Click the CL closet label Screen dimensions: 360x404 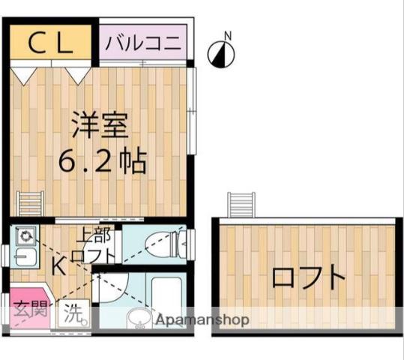tap(51, 43)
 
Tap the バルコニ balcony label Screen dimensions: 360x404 tap(142, 43)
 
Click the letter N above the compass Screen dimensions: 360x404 tap(228, 34)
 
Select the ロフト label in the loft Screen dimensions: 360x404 tap(307, 279)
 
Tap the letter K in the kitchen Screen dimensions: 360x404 tap(58, 265)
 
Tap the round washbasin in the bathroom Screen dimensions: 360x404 tap(139, 318)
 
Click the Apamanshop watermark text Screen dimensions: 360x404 tap(201, 319)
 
